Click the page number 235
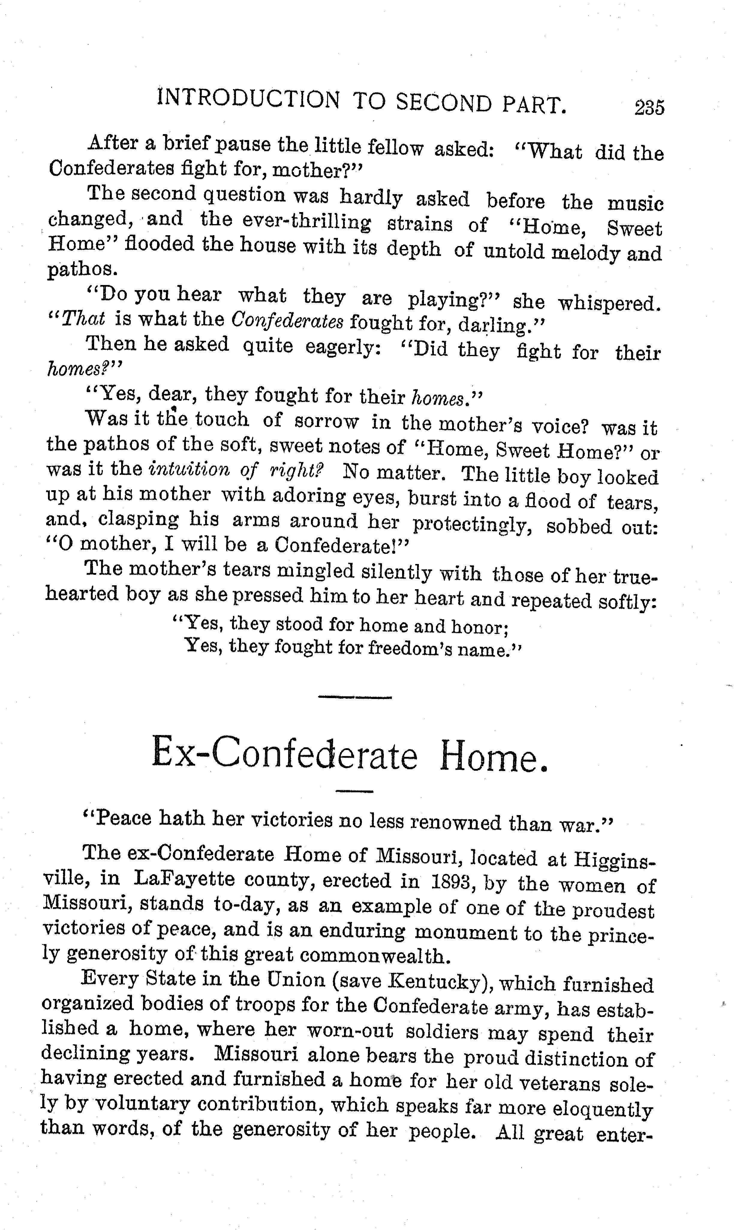[x=649, y=107]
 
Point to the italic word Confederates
[x=287, y=322]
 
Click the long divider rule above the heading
[x=355, y=697]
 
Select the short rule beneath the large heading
[x=354, y=792]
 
